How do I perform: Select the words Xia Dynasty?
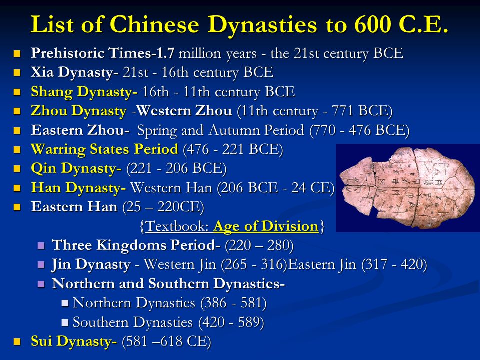click(x=74, y=73)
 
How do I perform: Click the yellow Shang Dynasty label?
click(x=84, y=92)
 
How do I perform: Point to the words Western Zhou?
click(x=184, y=111)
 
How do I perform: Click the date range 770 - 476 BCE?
click(x=359, y=130)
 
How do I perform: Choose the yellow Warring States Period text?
click(x=104, y=149)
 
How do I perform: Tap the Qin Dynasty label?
click(x=76, y=168)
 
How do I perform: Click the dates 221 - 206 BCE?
click(x=176, y=168)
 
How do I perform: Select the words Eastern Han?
click(x=74, y=207)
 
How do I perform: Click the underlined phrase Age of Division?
click(x=266, y=226)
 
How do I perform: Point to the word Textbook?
click(x=177, y=226)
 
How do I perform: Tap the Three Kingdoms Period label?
click(x=136, y=245)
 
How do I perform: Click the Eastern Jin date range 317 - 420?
click(x=394, y=265)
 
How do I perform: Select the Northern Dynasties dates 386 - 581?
click(x=233, y=303)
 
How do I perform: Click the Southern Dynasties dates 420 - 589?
click(x=231, y=322)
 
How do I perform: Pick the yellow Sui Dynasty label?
click(x=74, y=341)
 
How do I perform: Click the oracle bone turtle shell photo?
click(x=407, y=188)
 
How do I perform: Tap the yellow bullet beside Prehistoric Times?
click(x=17, y=54)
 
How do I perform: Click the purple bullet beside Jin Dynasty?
click(x=41, y=265)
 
